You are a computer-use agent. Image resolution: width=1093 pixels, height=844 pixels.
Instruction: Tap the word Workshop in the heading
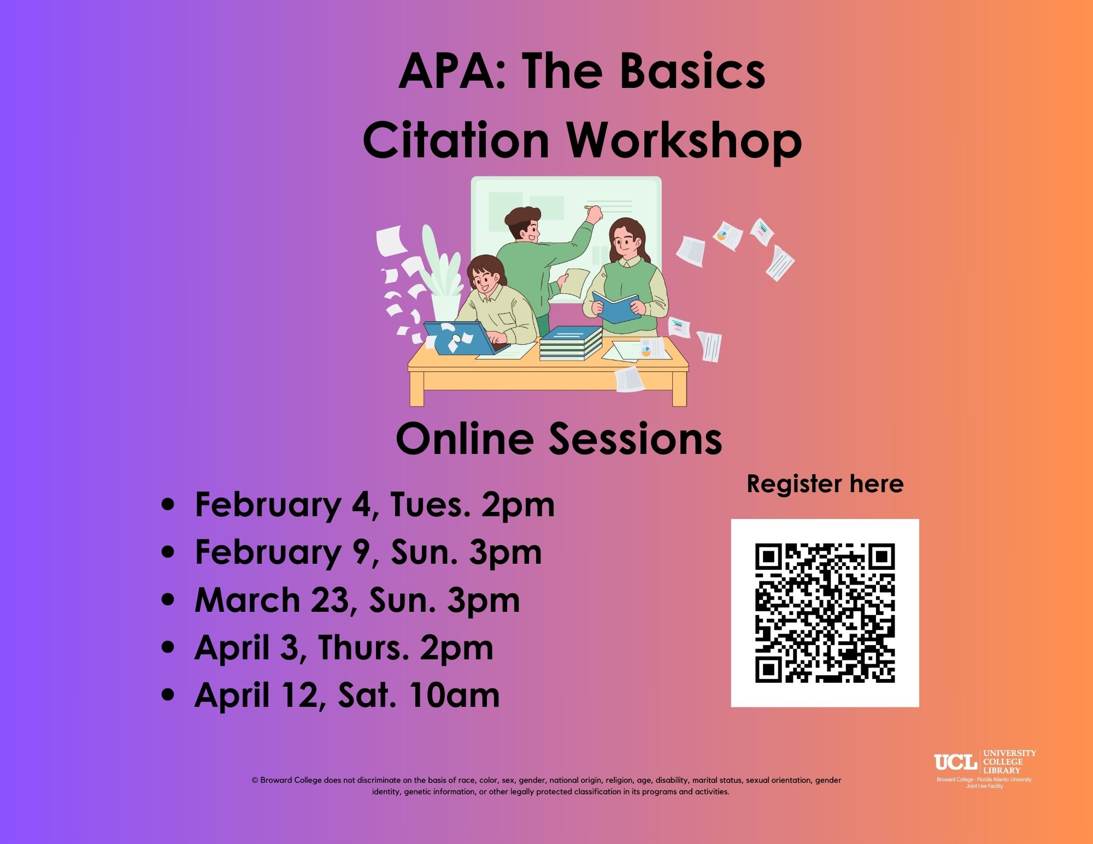point(683,140)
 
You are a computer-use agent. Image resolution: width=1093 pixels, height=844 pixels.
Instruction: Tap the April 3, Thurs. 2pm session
point(344,647)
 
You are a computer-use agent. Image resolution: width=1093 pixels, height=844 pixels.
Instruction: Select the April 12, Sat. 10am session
point(347,695)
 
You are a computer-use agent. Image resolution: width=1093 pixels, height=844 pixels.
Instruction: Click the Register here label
point(825,484)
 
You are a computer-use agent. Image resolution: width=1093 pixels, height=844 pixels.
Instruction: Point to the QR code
point(825,612)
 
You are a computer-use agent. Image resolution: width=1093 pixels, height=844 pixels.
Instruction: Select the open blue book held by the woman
point(616,306)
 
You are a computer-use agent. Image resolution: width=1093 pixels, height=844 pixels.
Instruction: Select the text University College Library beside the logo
point(1009,762)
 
